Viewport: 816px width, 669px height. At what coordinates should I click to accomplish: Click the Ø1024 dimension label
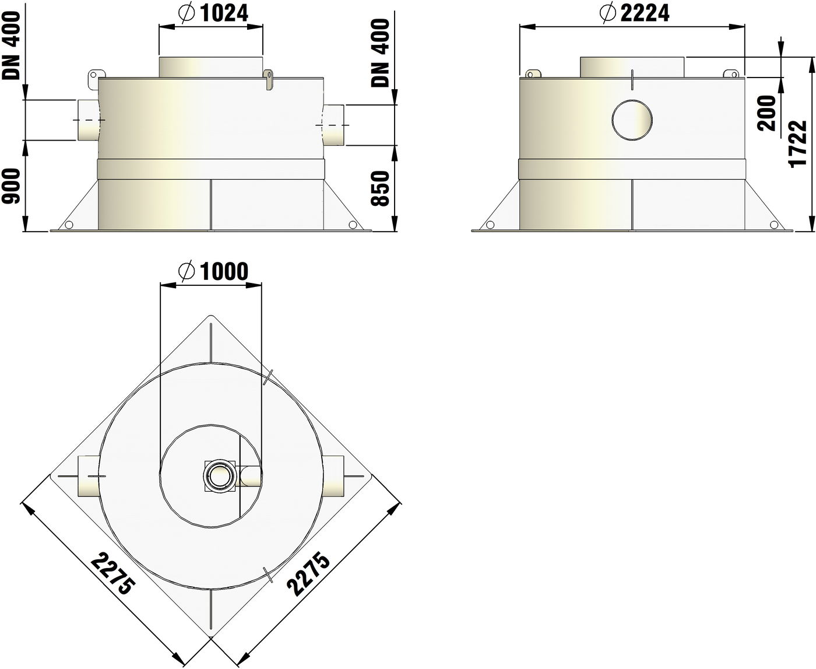[213, 13]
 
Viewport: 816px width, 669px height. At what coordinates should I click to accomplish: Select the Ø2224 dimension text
[634, 13]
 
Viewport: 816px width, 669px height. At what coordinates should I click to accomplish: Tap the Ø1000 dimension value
[213, 271]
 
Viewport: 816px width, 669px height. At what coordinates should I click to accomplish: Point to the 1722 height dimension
[798, 144]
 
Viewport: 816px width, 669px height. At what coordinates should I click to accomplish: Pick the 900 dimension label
[11, 186]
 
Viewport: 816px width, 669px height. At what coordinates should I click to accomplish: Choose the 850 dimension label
[379, 188]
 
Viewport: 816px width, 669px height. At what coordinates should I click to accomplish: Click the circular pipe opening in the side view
[632, 120]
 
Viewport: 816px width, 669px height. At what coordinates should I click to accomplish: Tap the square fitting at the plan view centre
[220, 476]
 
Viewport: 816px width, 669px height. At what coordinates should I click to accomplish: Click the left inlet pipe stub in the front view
[89, 120]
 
